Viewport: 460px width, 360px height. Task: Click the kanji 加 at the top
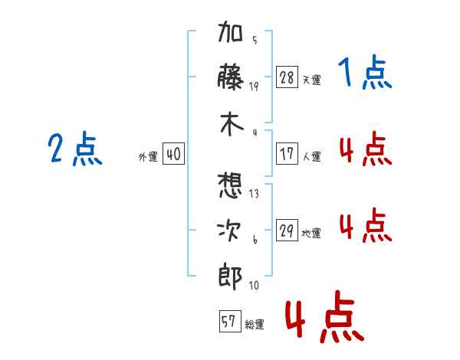230,36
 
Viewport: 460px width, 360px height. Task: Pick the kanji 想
230,185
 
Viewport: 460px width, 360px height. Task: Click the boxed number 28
287,77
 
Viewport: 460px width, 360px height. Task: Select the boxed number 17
287,154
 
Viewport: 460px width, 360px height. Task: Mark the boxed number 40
173,154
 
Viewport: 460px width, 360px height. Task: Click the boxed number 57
228,322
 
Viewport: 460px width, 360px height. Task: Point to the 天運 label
312,80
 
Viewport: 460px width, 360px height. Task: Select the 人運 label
312,156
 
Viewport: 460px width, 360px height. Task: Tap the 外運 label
148,156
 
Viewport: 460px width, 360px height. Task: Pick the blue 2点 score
75,149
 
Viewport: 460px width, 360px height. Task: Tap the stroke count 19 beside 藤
254,86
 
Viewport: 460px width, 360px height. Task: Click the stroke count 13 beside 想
254,193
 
